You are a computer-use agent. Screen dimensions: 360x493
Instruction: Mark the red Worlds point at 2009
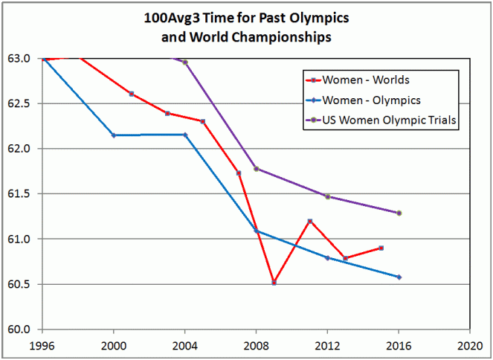274,283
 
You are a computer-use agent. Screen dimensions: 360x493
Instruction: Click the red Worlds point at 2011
309,221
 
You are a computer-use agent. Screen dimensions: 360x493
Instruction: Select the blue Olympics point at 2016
399,277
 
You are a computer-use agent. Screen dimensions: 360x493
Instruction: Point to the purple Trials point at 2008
257,169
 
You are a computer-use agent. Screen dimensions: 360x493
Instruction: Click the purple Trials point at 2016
399,213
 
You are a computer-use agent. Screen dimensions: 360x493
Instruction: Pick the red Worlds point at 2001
132,94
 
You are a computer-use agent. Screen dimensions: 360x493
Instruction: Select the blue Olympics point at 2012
328,258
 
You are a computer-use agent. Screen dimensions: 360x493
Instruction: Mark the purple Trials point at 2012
328,196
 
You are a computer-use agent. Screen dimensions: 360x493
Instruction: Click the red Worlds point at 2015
381,248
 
